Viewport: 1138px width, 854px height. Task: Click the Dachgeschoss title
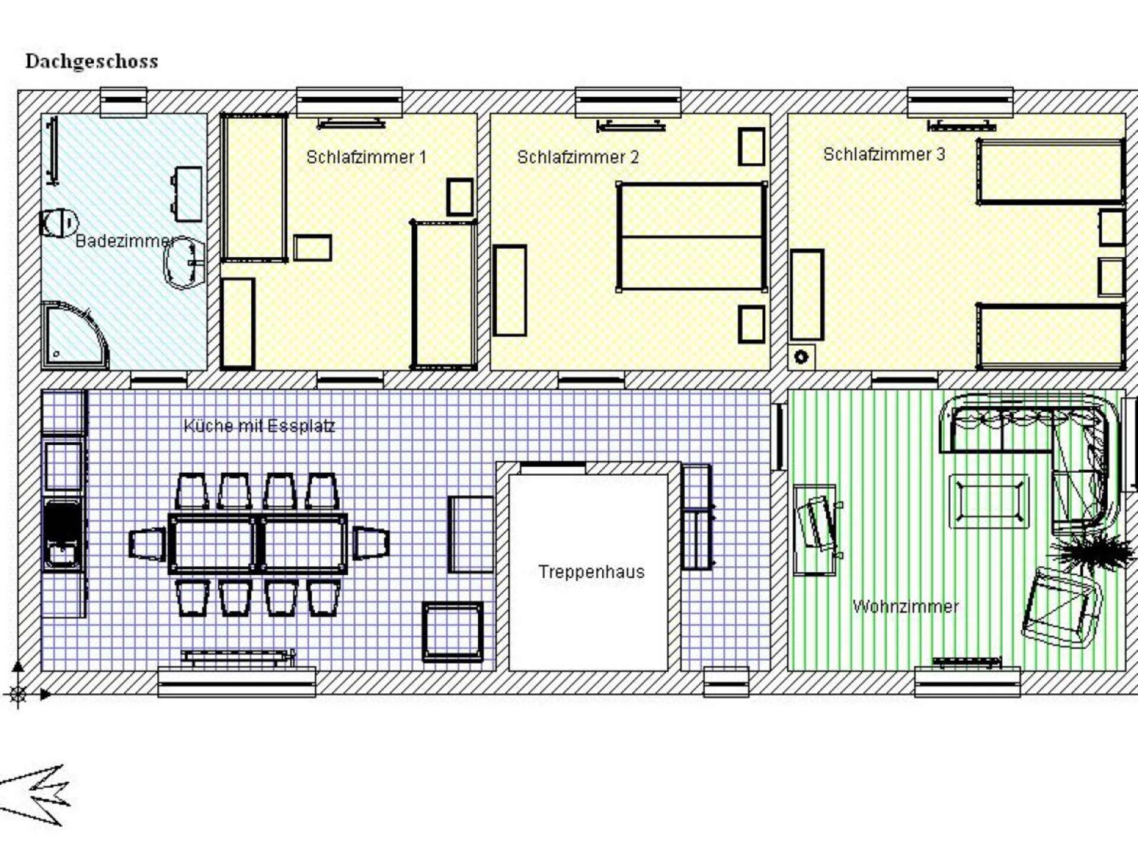pos(92,62)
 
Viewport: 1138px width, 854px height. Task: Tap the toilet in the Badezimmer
pos(59,223)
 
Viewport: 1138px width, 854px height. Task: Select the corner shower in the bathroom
pos(75,335)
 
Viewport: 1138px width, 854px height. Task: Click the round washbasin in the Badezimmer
pos(184,263)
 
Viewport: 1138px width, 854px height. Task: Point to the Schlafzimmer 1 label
pos(366,157)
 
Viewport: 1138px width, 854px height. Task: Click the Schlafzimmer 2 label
pos(578,157)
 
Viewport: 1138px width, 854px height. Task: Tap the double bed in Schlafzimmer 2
pos(692,237)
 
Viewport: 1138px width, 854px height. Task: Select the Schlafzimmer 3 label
pos(884,154)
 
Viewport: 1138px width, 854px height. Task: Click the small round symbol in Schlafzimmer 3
pos(801,357)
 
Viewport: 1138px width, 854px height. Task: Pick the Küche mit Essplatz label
pos(259,426)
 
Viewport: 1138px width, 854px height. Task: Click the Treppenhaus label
pos(591,572)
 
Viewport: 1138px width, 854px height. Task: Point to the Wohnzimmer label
pos(905,606)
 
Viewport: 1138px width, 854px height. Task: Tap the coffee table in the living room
pos(989,501)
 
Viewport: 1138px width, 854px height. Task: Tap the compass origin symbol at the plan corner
pos(18,693)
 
